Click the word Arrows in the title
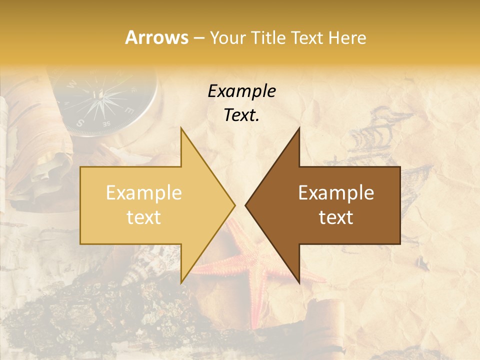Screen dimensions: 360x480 156,37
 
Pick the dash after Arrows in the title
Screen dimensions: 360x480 198,38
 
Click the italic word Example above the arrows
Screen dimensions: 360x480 241,91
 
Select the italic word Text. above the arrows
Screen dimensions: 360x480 241,115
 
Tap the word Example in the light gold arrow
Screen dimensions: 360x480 143,193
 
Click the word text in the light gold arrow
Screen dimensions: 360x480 143,217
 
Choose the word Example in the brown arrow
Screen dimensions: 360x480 336,193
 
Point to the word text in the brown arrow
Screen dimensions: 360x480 336,217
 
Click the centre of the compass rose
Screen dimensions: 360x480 102,94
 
